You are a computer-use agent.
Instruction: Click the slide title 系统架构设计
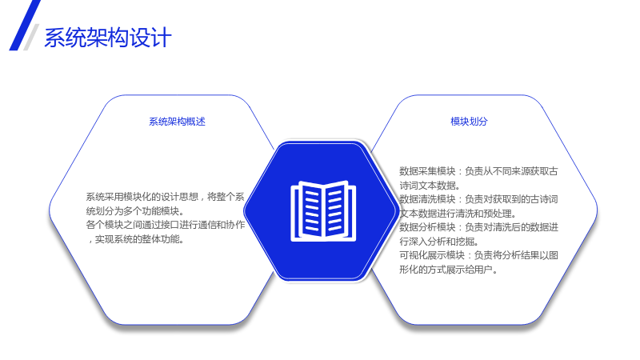[x=108, y=38]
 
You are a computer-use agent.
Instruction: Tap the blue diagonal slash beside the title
[x=25, y=26]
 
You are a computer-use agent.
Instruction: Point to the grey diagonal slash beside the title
[x=31, y=37]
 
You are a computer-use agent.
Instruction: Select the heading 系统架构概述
[x=177, y=122]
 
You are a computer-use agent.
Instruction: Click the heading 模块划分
[x=469, y=122]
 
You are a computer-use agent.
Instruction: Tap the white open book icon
[x=323, y=211]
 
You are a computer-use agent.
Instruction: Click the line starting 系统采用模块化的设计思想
[x=166, y=197]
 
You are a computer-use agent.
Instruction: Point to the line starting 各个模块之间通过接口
[x=166, y=225]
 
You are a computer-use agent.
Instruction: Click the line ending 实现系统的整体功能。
[x=136, y=239]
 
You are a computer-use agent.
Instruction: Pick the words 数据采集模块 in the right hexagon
[x=427, y=171]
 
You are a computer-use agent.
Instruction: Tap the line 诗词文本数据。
[x=430, y=186]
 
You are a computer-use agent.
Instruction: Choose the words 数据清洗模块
[x=427, y=199]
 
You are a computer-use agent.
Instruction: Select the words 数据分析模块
[x=427, y=227]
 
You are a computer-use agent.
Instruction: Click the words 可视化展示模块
[x=432, y=255]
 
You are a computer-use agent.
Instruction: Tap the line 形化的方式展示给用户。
[x=449, y=270]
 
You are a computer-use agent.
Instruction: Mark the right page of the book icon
[x=336, y=210]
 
